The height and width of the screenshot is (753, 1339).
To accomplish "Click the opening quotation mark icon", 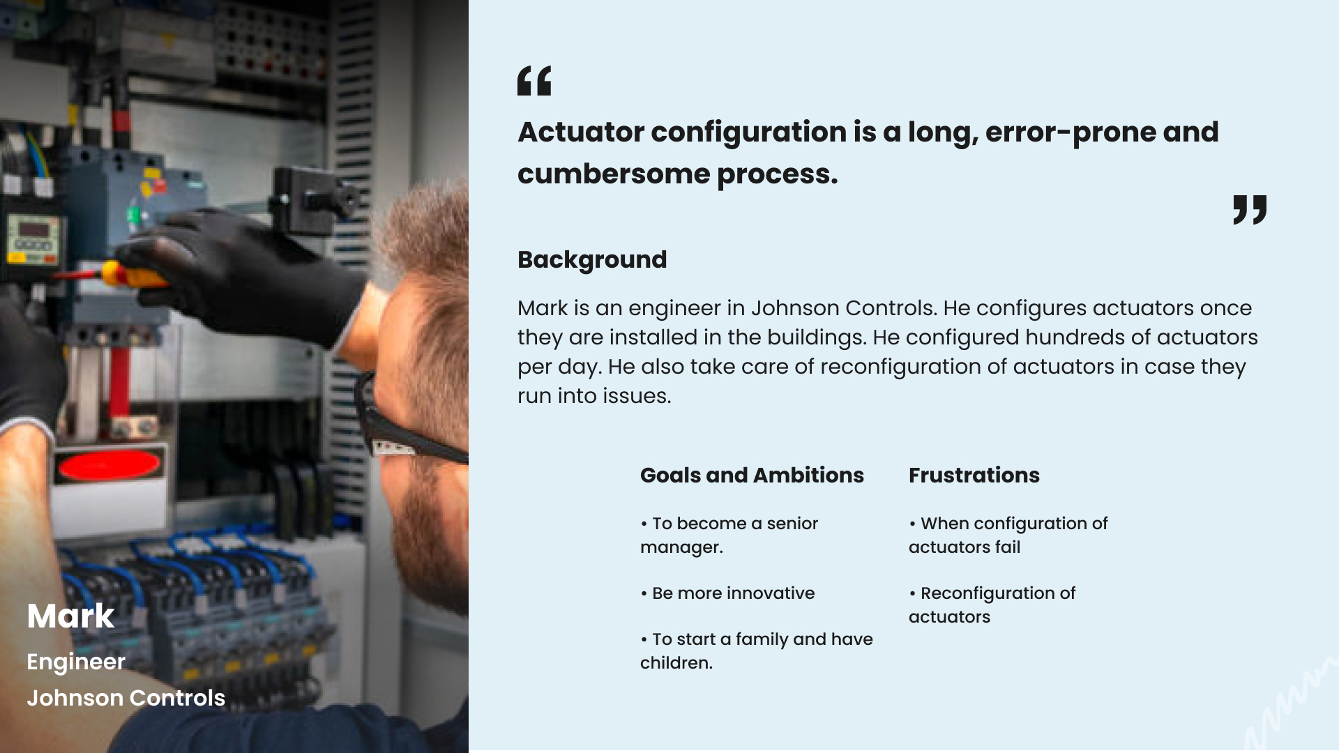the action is click(x=534, y=80).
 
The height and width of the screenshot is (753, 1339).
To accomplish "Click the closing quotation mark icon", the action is click(x=1250, y=210).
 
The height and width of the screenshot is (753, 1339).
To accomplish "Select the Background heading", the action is click(x=592, y=259).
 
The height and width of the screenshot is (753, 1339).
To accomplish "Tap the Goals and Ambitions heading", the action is click(x=752, y=475).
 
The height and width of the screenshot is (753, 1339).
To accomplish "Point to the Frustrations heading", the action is click(x=974, y=475).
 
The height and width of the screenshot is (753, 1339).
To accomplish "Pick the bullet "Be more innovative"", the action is click(x=727, y=593).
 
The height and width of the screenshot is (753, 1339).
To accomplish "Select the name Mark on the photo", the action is click(x=70, y=616).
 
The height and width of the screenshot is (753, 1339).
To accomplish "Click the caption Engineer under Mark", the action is click(x=76, y=662).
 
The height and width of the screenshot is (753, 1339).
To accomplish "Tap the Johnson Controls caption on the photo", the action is click(x=126, y=698).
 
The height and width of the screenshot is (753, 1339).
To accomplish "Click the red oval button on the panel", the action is click(x=109, y=465).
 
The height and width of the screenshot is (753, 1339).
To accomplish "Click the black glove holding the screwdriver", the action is click(x=244, y=272).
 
